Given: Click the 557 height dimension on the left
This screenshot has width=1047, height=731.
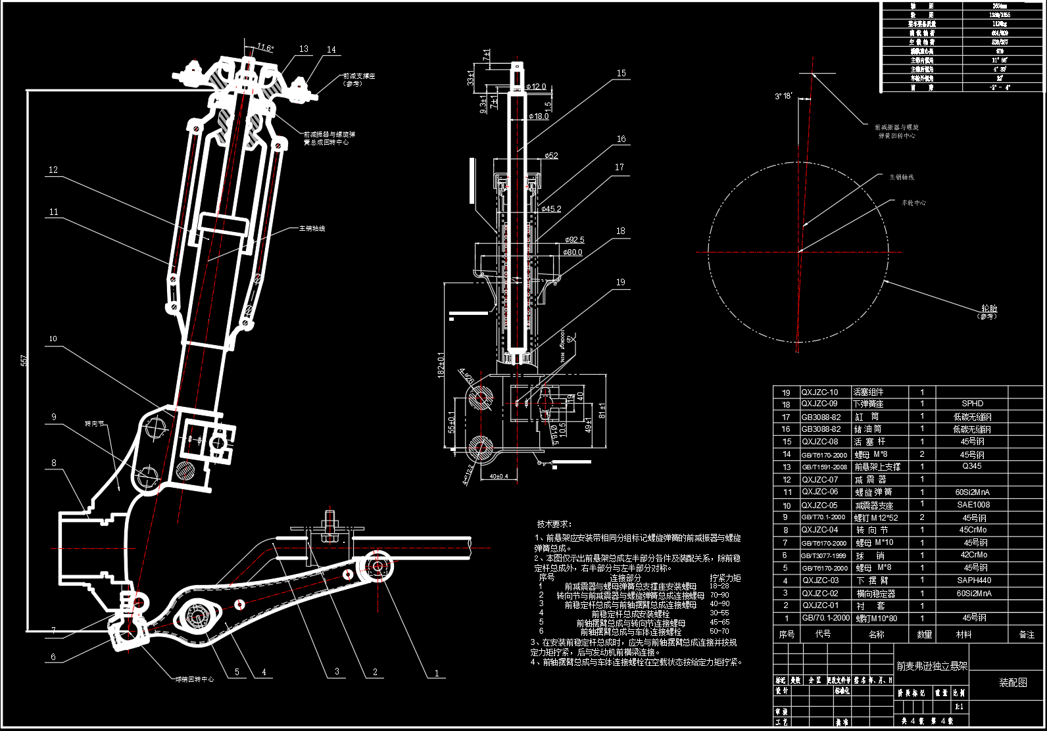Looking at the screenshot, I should (x=24, y=360).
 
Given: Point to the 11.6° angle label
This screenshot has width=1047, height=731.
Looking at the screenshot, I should (x=265, y=47).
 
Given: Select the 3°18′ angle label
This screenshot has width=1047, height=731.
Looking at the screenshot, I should (x=783, y=96).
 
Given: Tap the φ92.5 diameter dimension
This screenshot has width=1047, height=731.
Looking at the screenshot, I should (x=573, y=240).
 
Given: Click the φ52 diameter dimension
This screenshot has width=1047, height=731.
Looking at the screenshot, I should (x=551, y=156).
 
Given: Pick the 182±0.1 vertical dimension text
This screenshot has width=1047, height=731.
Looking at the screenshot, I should (x=441, y=364).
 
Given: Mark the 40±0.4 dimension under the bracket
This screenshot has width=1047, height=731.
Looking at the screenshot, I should (x=499, y=476).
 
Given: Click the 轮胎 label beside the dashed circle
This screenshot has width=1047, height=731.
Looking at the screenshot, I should (x=988, y=308).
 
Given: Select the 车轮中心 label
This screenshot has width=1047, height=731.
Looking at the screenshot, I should (x=913, y=203).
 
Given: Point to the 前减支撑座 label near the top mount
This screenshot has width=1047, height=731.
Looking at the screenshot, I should (x=359, y=76).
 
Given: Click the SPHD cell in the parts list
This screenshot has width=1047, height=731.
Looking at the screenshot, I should (x=972, y=404).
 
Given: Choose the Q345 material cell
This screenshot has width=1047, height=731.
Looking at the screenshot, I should (x=972, y=466).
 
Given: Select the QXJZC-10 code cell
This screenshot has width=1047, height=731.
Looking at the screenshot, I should (x=819, y=392).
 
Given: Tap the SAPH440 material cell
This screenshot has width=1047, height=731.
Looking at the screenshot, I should (x=974, y=580).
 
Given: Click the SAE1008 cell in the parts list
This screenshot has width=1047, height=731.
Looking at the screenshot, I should (x=973, y=505).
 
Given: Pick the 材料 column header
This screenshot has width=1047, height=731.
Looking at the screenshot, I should (x=963, y=634).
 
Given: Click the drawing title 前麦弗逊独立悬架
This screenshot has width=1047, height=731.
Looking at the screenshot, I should (x=932, y=666).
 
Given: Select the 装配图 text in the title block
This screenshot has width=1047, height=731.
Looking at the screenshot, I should (x=1013, y=683).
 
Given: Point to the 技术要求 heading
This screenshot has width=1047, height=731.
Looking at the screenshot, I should (x=554, y=524).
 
